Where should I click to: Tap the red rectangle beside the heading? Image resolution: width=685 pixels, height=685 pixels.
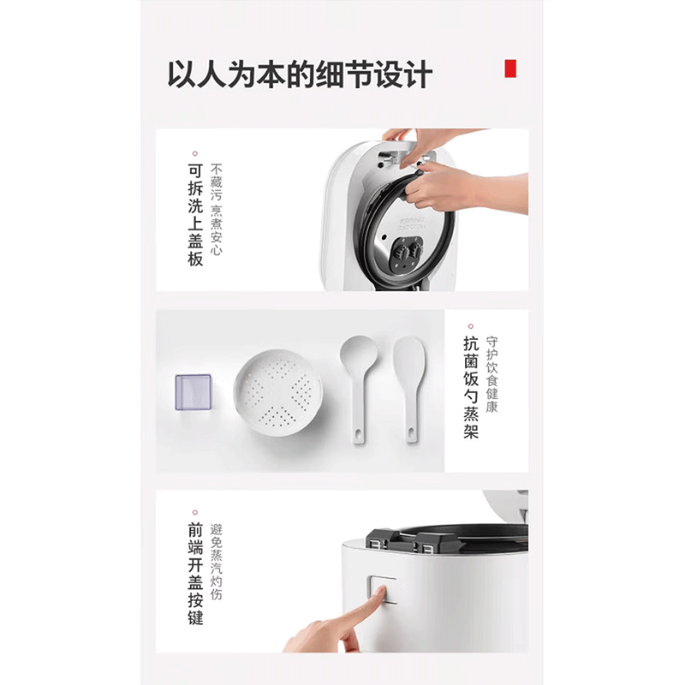pyautogui.click(x=511, y=68)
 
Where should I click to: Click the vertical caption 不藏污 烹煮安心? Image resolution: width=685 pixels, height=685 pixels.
pyautogui.click(x=217, y=209)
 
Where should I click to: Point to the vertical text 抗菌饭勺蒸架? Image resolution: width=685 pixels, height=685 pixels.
pyautogui.click(x=470, y=388)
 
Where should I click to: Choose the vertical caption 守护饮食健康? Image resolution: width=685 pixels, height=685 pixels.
pyautogui.click(x=491, y=374)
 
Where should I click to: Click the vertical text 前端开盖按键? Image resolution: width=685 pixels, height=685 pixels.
pyautogui.click(x=195, y=574)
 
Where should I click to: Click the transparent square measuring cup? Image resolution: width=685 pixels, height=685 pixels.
pyautogui.click(x=193, y=393)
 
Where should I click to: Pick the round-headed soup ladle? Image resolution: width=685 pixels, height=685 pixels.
pyautogui.click(x=358, y=385)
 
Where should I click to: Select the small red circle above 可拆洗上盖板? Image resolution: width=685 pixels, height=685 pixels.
pyautogui.click(x=195, y=152)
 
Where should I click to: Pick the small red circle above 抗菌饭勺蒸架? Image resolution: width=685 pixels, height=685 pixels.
pyautogui.click(x=470, y=326)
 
